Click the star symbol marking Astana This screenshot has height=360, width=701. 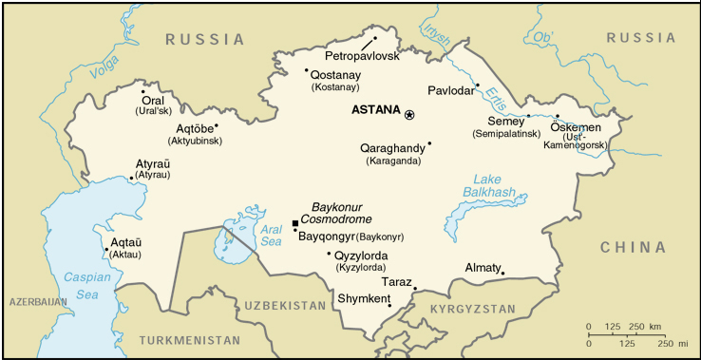click(409, 114)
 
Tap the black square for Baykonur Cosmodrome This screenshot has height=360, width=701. click(295, 223)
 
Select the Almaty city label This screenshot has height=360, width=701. click(483, 268)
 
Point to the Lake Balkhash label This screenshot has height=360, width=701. click(488, 186)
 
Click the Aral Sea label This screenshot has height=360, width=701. click(272, 235)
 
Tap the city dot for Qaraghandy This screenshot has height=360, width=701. click(429, 143)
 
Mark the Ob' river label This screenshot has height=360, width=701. click(543, 38)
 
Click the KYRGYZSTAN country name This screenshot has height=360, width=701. click(472, 310)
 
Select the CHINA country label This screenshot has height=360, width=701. click(633, 247)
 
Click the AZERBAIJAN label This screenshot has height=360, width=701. click(37, 301)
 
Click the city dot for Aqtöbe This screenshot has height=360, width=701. click(217, 124)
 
